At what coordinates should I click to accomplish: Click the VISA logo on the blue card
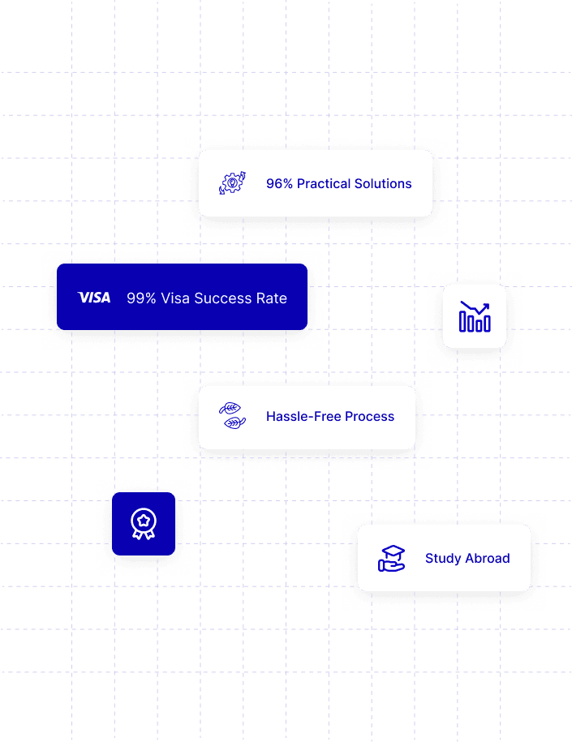click(x=94, y=298)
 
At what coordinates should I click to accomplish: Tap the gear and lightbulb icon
click(x=232, y=183)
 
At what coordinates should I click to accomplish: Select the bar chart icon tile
click(x=475, y=316)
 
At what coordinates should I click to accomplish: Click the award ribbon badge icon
click(x=144, y=524)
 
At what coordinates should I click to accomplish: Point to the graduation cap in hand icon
click(x=392, y=558)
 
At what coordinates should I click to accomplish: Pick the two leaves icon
click(x=232, y=416)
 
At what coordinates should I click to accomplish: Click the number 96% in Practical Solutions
click(x=279, y=184)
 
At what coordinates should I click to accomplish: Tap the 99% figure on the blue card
click(x=141, y=298)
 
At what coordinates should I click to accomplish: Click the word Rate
click(x=272, y=298)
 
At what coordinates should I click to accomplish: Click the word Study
click(x=443, y=559)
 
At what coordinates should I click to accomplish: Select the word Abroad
click(x=488, y=559)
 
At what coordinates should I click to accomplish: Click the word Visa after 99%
click(x=175, y=298)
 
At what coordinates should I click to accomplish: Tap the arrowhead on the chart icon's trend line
click(x=486, y=307)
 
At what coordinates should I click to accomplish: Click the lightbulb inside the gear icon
click(x=232, y=183)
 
